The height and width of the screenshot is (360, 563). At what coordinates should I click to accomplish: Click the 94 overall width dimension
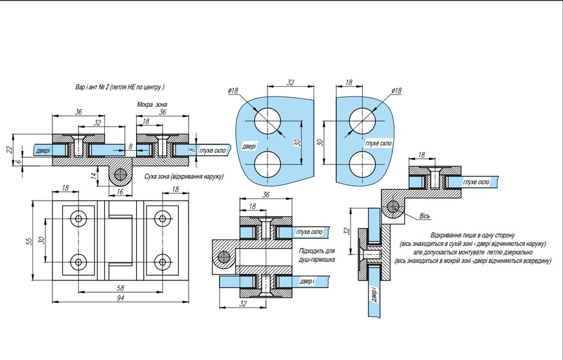tap(121, 298)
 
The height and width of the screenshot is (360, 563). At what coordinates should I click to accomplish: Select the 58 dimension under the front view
tap(121, 288)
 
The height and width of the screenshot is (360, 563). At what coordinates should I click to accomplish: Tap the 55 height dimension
tap(30, 240)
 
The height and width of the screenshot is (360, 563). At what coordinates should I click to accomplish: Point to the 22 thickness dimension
tap(10, 149)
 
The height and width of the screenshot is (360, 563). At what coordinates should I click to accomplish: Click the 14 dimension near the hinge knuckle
tap(94, 176)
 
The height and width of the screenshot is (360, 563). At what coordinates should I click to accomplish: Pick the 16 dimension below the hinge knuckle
tap(120, 192)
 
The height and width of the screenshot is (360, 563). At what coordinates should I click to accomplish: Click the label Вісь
tap(425, 216)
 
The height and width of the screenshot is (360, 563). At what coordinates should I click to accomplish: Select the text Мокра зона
tap(152, 104)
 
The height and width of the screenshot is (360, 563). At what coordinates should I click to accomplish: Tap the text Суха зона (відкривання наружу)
tap(184, 177)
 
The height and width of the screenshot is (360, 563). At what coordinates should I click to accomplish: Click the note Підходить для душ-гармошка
tap(317, 255)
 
